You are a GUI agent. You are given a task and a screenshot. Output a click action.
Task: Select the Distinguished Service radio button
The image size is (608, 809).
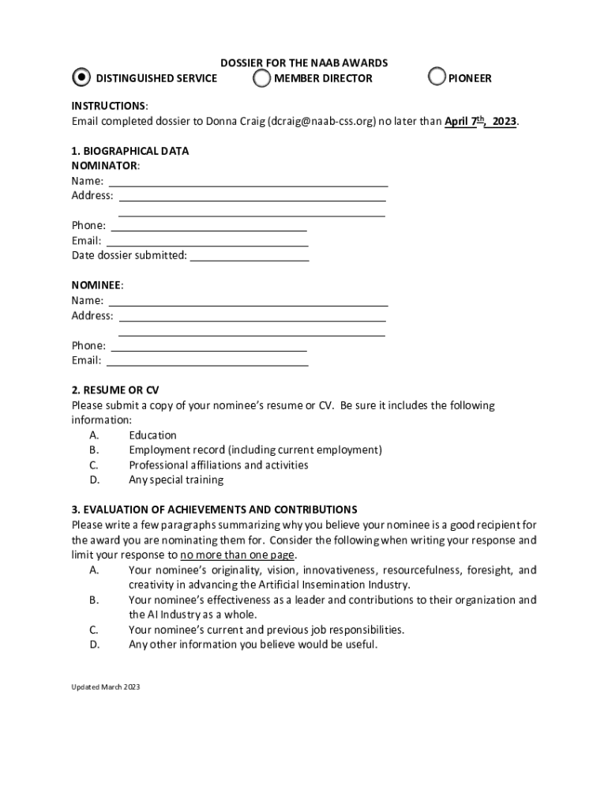[x=81, y=77]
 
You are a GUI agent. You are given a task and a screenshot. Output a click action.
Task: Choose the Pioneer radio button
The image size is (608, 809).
[x=437, y=77]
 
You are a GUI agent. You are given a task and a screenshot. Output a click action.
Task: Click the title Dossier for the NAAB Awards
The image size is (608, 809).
[x=304, y=62]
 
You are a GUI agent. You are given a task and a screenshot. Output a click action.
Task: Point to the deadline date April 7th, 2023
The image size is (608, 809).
[x=480, y=122]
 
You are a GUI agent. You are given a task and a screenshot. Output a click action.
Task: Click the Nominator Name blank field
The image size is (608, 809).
[x=248, y=181]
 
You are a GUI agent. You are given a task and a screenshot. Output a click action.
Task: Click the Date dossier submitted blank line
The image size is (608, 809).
[x=250, y=256]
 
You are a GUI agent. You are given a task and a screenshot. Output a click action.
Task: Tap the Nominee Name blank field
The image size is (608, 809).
[x=248, y=301]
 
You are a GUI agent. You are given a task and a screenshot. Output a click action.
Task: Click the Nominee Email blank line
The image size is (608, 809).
[x=207, y=361]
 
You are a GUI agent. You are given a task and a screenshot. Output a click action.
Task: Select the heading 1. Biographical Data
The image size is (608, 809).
[x=130, y=151]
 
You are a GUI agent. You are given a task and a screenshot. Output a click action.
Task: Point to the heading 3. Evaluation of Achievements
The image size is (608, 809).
[x=214, y=510]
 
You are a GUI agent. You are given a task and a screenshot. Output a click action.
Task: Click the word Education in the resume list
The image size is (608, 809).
[x=152, y=435]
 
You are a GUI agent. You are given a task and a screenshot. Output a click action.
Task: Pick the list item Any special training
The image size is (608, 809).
[x=176, y=480]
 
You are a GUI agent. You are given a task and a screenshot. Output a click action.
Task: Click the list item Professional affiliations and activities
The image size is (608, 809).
[x=219, y=465]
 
